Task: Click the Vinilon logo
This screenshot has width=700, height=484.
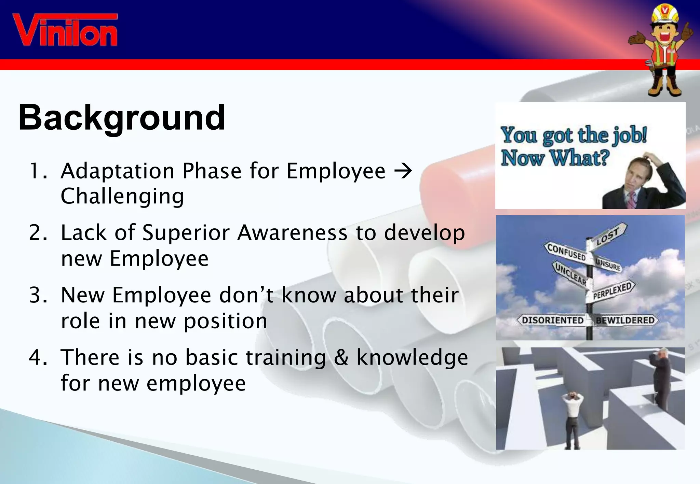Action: coord(65,30)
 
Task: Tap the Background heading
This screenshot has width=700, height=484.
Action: coord(122,118)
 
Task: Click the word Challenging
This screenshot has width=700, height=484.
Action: coord(122,197)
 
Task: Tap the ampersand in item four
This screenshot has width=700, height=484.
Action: coord(341,358)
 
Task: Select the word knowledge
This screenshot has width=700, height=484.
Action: coord(412,358)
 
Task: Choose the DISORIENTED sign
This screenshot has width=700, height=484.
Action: coord(552,320)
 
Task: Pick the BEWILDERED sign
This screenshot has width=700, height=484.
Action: coord(625,320)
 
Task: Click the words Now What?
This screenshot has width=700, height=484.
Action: coord(555,158)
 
